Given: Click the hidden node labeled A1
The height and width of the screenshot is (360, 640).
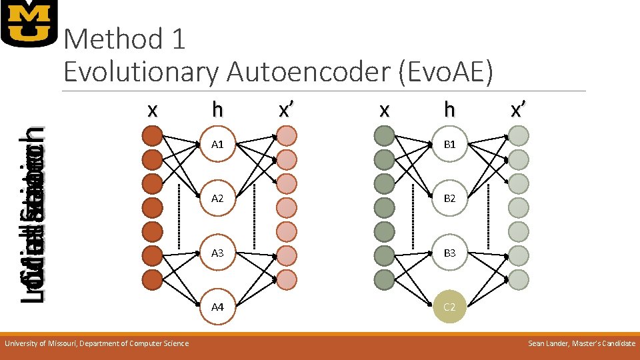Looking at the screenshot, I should (217, 144).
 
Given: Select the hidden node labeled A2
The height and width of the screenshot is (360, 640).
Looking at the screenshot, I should (217, 199).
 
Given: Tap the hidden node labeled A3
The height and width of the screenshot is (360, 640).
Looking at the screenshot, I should (217, 253).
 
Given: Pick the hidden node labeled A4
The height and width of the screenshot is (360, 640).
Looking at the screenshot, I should (217, 307).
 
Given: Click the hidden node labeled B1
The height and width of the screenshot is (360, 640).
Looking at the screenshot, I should (449, 144).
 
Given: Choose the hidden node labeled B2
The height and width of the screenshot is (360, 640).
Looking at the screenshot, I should (449, 199).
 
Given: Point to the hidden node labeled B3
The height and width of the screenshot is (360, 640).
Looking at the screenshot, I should (449, 253).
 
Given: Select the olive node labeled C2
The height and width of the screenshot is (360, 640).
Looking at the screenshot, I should (449, 307).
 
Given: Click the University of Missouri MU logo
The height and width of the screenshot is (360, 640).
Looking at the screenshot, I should (29, 23).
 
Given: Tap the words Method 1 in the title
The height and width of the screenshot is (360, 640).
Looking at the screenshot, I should (125, 40).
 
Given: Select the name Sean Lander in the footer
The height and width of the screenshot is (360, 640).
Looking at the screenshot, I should (551, 343).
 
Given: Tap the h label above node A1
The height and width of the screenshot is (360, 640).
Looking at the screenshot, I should (217, 109).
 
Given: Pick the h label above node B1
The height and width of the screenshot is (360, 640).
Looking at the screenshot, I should (449, 109).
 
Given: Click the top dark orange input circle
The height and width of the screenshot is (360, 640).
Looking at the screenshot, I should (153, 137).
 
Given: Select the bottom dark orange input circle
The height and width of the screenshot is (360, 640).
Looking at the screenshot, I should (153, 279).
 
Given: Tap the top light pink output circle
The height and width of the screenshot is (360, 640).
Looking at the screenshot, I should (287, 137).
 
